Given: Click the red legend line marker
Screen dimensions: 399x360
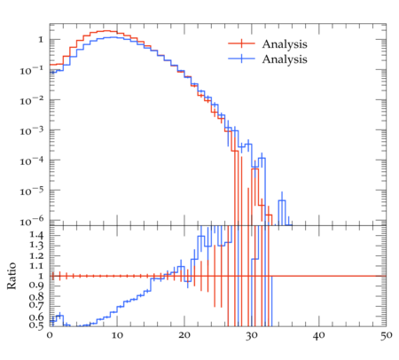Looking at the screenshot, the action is (x=241, y=43).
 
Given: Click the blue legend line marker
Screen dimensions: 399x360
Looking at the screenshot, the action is (x=241, y=59).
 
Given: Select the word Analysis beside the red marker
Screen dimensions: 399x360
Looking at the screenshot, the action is (x=285, y=44).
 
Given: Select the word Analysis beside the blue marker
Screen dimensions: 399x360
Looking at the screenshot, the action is (x=285, y=59).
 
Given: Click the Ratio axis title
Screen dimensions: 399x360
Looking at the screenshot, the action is (x=12, y=276).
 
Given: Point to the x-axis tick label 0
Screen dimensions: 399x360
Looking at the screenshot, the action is (x=50, y=335).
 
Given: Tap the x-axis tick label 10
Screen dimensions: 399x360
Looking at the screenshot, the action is (x=117, y=335).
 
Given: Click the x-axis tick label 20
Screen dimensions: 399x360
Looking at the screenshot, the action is (x=184, y=335).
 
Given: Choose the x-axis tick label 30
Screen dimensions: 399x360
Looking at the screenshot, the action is (x=252, y=335).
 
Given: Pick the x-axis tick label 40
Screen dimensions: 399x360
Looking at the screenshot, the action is (x=319, y=335).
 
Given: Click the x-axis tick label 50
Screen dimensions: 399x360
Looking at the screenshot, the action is (x=387, y=335).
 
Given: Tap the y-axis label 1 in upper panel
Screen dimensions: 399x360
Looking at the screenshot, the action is (x=41, y=40).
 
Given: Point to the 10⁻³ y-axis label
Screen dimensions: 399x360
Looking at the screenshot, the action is (x=32, y=130).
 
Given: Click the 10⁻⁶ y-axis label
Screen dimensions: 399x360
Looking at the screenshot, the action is (x=32, y=221).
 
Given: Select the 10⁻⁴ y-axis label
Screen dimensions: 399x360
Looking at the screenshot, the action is (x=32, y=160).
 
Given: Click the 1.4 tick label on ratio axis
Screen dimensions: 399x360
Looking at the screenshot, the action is (x=36, y=236).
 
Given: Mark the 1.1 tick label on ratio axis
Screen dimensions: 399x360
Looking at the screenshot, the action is (x=36, y=266).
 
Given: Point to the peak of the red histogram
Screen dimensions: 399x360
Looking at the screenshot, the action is (x=106, y=31).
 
